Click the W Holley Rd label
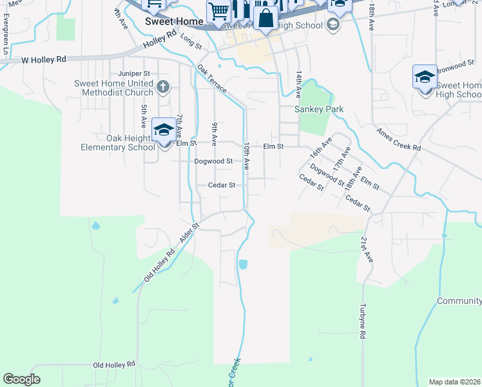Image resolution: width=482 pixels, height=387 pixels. (x=44, y=59)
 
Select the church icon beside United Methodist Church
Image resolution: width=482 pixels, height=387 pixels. (x=164, y=86)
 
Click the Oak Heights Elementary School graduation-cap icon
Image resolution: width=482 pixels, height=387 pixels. (x=164, y=130)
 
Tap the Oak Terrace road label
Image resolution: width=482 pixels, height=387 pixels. (x=212, y=79)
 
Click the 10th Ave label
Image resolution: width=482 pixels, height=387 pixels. (x=246, y=156)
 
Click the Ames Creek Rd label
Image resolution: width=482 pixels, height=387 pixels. (x=399, y=139)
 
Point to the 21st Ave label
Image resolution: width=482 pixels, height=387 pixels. (x=367, y=248)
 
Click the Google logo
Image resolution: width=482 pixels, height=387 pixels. (x=22, y=379)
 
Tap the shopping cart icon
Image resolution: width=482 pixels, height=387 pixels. (x=218, y=11)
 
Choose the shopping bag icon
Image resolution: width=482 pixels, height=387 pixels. (x=265, y=18)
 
